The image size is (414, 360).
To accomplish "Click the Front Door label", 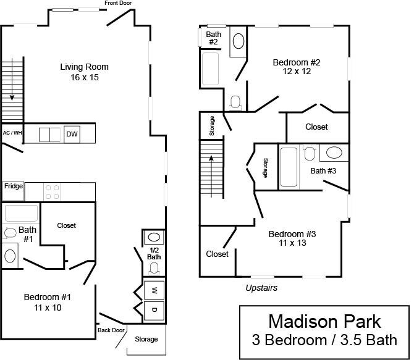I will point(117,4).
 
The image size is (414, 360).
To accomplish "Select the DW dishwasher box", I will point(72,134).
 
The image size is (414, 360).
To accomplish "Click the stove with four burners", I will point(53,191).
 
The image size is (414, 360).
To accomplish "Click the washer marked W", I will point(154,290).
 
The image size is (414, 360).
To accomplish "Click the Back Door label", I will point(111,330).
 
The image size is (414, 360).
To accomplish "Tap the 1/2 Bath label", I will point(154,253).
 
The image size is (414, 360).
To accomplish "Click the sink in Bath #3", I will point(335,153).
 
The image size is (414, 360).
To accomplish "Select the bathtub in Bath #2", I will point(211,69).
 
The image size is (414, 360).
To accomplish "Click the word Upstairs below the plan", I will point(261,288).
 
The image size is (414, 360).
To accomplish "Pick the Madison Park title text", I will point(324,322).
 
